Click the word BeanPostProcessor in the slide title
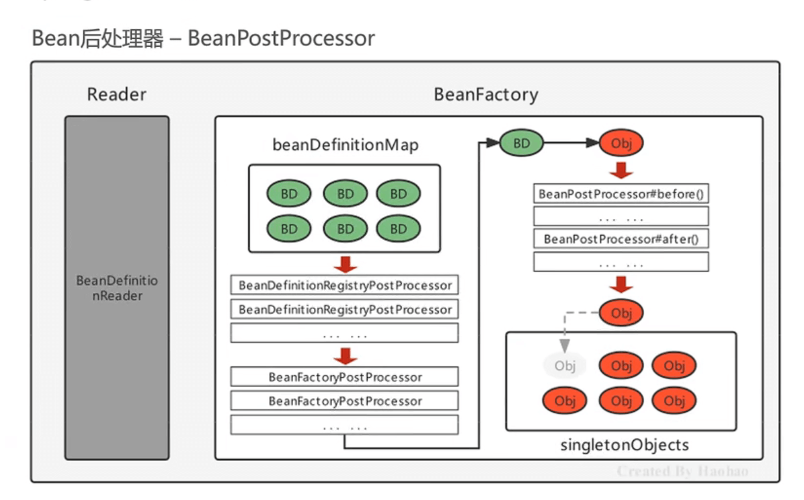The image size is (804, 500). point(281,38)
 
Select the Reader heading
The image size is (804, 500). point(117,95)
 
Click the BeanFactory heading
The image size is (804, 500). point(486,95)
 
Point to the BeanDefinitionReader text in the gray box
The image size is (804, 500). point(117,288)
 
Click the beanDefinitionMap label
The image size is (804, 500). point(345,145)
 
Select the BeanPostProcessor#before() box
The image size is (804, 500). point(621,194)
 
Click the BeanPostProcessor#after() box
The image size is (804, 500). point(621,239)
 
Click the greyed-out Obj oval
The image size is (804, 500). point(565,366)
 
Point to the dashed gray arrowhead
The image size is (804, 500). point(565,347)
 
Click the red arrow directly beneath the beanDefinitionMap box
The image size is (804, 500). point(345,264)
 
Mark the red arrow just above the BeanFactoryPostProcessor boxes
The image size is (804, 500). point(345,356)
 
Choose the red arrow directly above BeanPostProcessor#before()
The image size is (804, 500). point(621,170)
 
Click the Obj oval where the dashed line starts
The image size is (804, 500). point(621,314)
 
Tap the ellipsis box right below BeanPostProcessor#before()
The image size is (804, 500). point(621,216)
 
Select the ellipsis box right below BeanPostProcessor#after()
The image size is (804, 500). point(621,262)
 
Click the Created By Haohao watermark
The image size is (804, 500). point(682,471)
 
